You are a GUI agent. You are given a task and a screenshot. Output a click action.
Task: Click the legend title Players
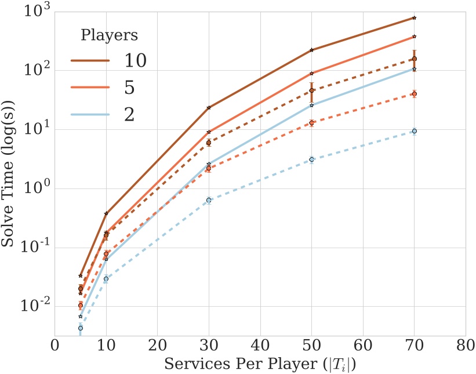108,35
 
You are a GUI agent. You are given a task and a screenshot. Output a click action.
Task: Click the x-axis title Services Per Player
260,365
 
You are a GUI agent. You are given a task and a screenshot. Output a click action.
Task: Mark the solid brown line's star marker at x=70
414,18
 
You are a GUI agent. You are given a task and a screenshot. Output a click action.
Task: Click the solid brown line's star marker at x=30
209,108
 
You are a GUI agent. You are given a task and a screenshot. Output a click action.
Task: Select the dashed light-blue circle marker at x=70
414,132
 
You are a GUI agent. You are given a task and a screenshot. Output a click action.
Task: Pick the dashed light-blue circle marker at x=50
311,159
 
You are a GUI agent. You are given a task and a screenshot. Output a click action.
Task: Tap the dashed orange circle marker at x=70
414,94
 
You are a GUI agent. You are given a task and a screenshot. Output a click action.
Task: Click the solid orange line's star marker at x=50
311,74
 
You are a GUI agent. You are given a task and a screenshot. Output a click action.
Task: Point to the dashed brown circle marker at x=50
311,90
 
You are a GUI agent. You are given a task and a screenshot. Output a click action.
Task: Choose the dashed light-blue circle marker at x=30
209,200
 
